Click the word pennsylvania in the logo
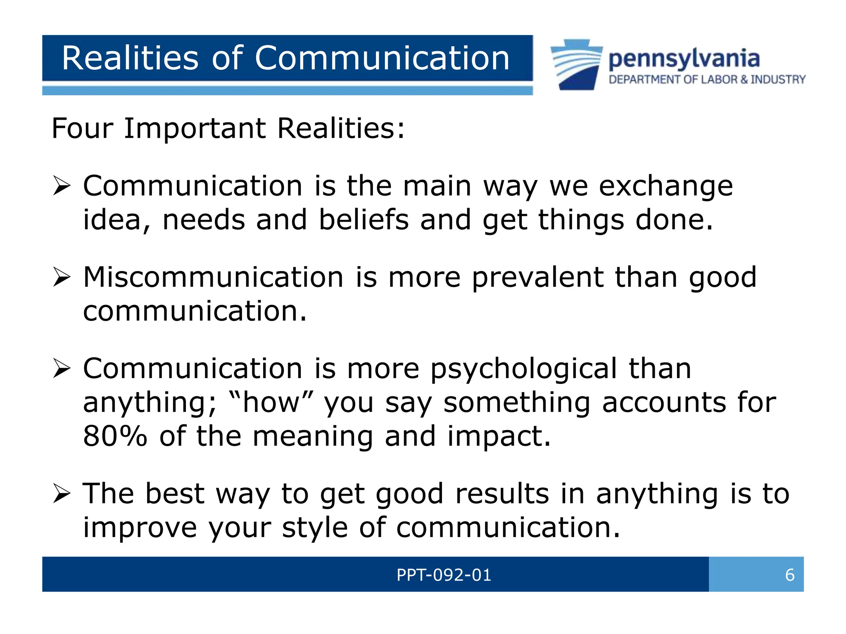684,59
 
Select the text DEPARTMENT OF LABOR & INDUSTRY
707,80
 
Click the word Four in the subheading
82,128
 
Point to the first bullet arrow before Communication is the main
62,187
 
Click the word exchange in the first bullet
665,187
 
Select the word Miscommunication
213,277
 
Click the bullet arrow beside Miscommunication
62,277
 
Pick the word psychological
523,369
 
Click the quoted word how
271,402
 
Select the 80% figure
115,436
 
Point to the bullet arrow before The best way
62,494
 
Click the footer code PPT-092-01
444,575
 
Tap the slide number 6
789,575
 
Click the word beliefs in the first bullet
364,220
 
